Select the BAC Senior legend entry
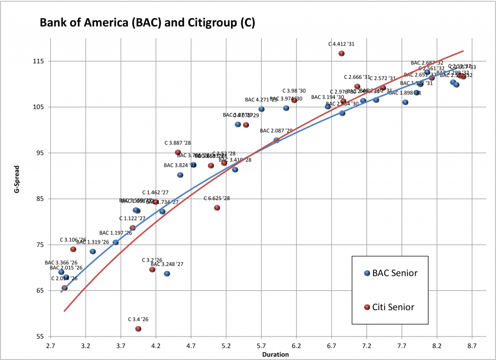(395, 273)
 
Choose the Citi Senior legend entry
(393, 307)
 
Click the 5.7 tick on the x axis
(262, 346)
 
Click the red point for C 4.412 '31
(341, 53)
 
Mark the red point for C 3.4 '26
(139, 329)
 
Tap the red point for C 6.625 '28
(217, 208)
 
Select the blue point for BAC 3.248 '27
(167, 274)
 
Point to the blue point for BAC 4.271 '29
(262, 109)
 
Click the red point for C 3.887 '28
(178, 152)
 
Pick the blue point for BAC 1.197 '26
(116, 242)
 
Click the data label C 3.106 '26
(73, 239)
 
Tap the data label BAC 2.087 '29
(276, 131)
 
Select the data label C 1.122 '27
(132, 219)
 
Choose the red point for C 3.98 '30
(294, 100)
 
